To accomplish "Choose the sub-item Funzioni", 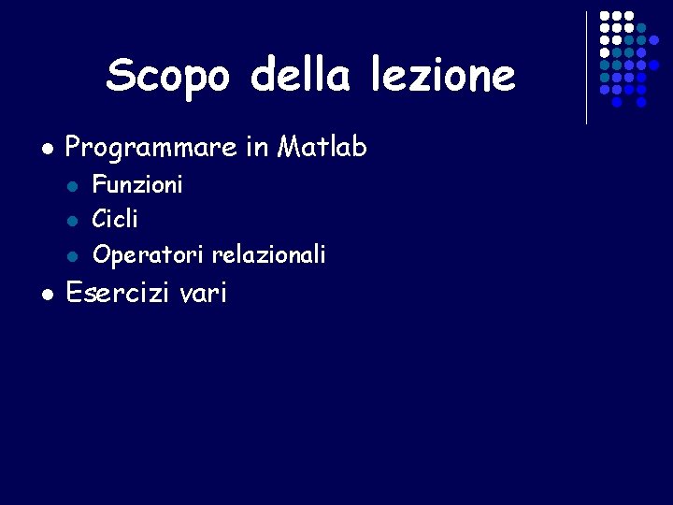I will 137,184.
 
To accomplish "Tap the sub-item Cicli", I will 115,219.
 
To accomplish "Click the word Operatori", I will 149,254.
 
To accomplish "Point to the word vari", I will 203,294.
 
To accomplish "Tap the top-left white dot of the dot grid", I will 605,17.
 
